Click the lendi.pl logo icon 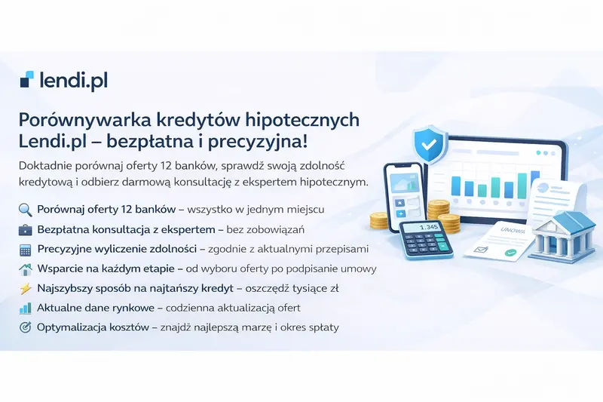point(27,79)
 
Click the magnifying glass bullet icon point(25,209)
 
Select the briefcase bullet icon point(25,229)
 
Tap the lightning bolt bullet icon point(25,288)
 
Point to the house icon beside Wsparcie point(25,268)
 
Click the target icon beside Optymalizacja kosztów point(25,327)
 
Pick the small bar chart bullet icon point(25,308)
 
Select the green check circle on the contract point(510,253)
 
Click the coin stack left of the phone point(378,220)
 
